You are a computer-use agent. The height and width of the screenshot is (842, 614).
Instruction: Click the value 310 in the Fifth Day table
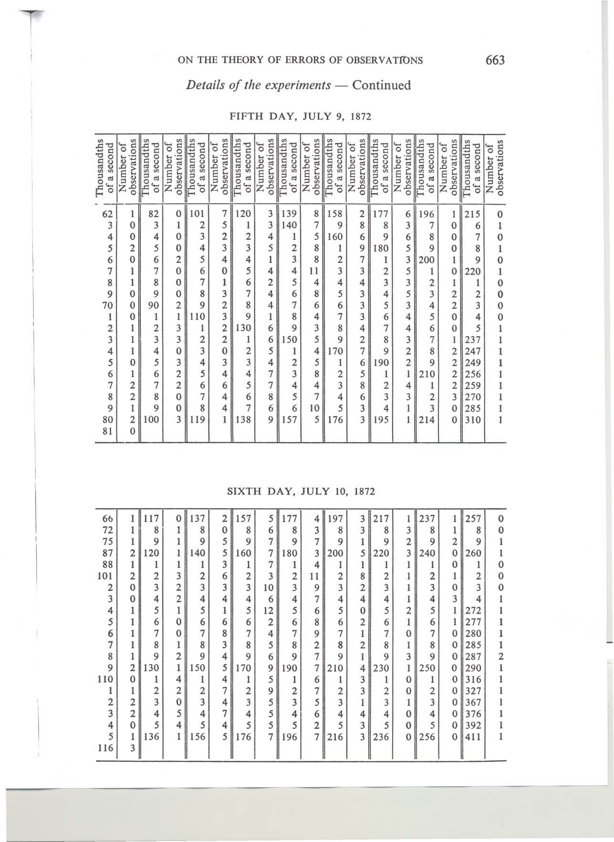tap(475, 420)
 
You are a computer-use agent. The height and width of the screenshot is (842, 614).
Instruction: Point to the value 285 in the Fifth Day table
tap(475, 409)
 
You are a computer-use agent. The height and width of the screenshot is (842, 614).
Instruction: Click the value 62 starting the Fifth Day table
tap(107, 214)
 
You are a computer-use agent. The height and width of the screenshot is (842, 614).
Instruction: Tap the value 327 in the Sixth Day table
tap(475, 691)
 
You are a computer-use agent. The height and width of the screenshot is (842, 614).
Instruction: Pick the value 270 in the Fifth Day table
tap(475, 397)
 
